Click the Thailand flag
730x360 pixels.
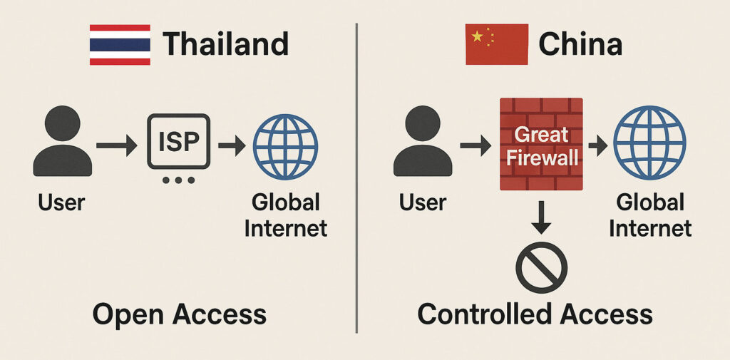[x=120, y=45]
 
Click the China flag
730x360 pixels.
[x=496, y=45]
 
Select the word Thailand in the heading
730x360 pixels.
[x=226, y=44]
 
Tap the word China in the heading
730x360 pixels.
[x=580, y=44]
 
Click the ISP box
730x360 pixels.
[x=179, y=141]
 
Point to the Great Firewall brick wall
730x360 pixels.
[x=542, y=145]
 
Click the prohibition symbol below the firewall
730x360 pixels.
[x=542, y=267]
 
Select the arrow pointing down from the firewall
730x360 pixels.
[x=542, y=218]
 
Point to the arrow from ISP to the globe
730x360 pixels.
[x=232, y=146]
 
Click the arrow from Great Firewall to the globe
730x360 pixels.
[x=597, y=146]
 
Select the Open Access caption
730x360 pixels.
[x=179, y=314]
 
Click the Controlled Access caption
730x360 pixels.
[x=535, y=314]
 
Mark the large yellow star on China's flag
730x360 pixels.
[x=477, y=36]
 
